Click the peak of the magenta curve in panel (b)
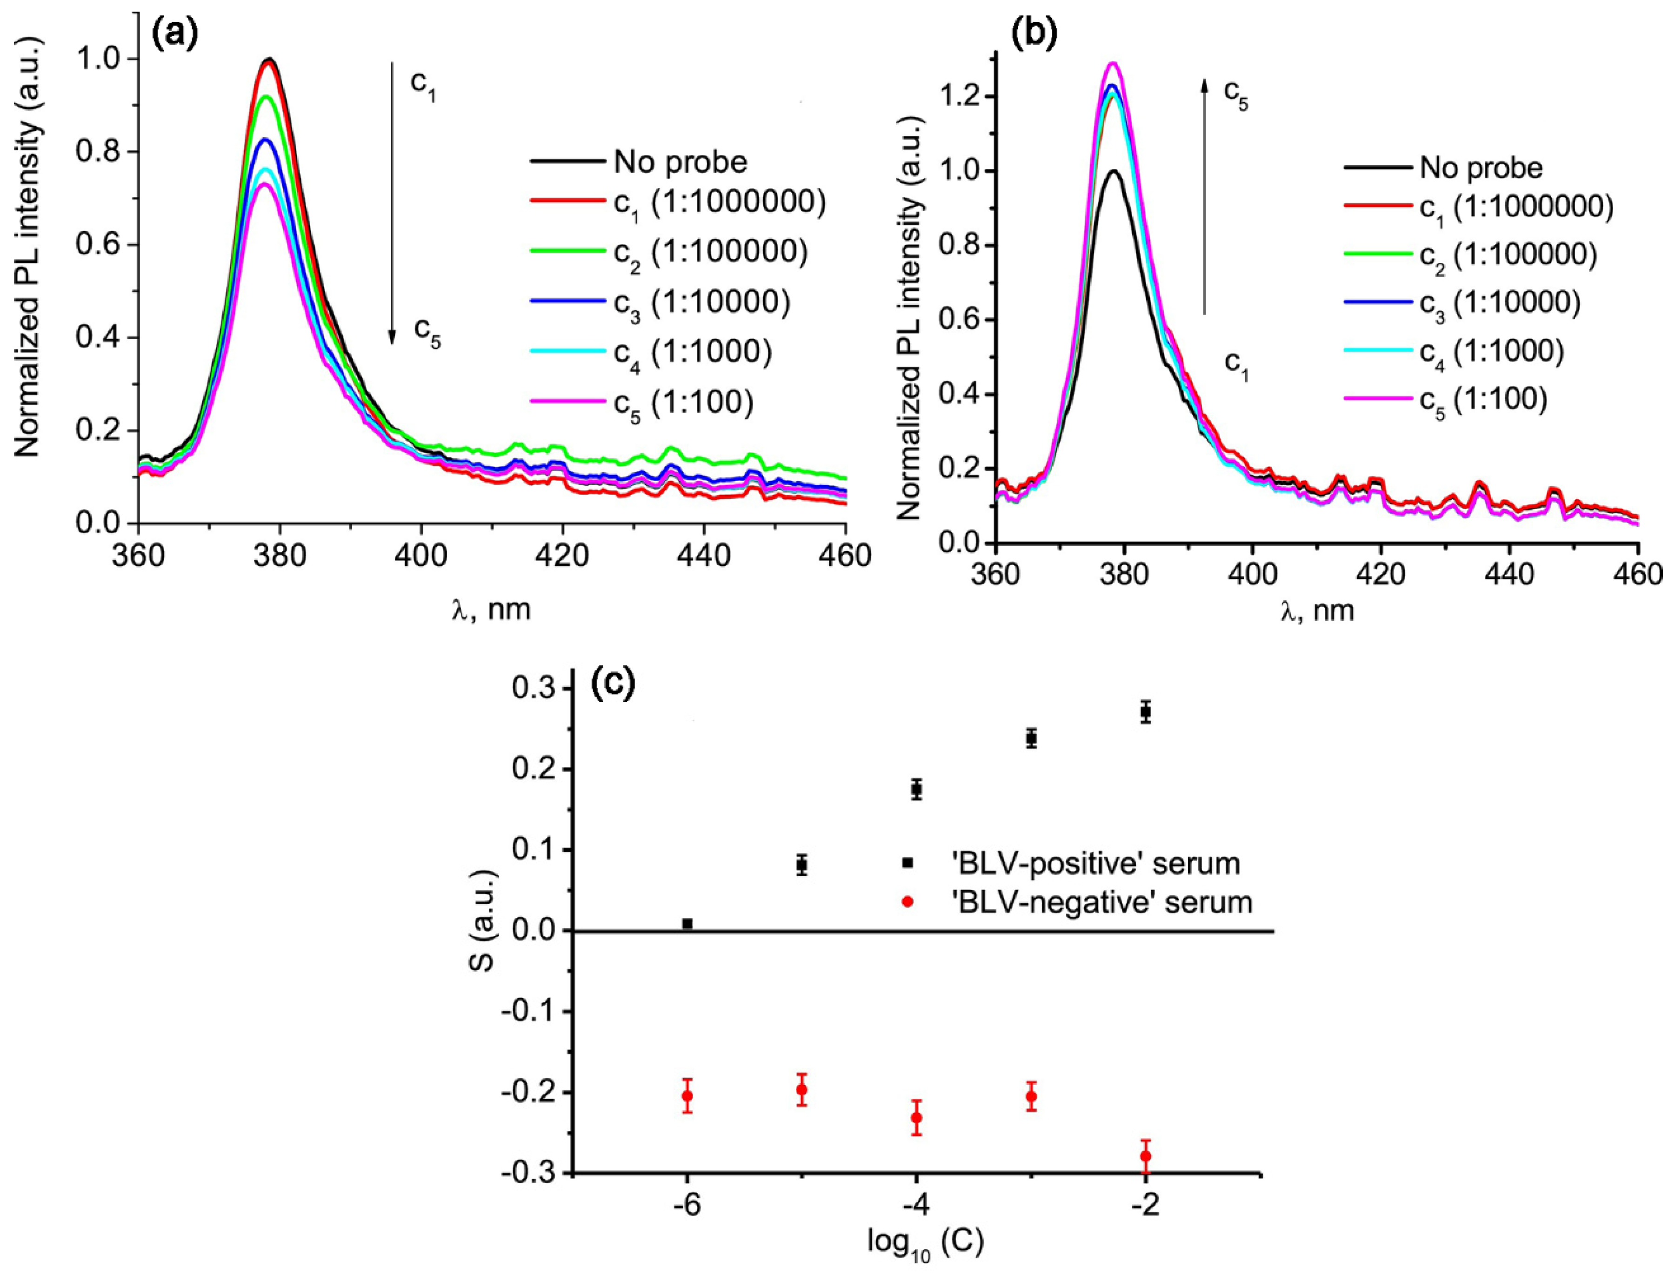tap(1114, 64)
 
